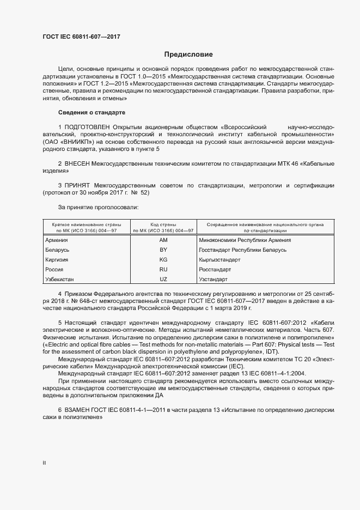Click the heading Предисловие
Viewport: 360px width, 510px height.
188,54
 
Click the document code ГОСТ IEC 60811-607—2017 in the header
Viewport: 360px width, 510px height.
81,37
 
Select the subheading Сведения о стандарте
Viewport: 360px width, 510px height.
91,113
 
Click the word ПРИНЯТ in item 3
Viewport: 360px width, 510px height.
81,185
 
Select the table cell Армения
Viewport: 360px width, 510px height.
57,240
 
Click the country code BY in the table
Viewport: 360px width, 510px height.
163,250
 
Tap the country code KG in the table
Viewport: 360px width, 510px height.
163,259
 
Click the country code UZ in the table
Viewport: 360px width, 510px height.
163,279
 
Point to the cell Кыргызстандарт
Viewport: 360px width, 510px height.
220,259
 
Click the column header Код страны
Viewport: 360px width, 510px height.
163,224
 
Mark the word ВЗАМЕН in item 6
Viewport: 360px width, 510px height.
81,409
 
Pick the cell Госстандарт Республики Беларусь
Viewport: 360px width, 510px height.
243,250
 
